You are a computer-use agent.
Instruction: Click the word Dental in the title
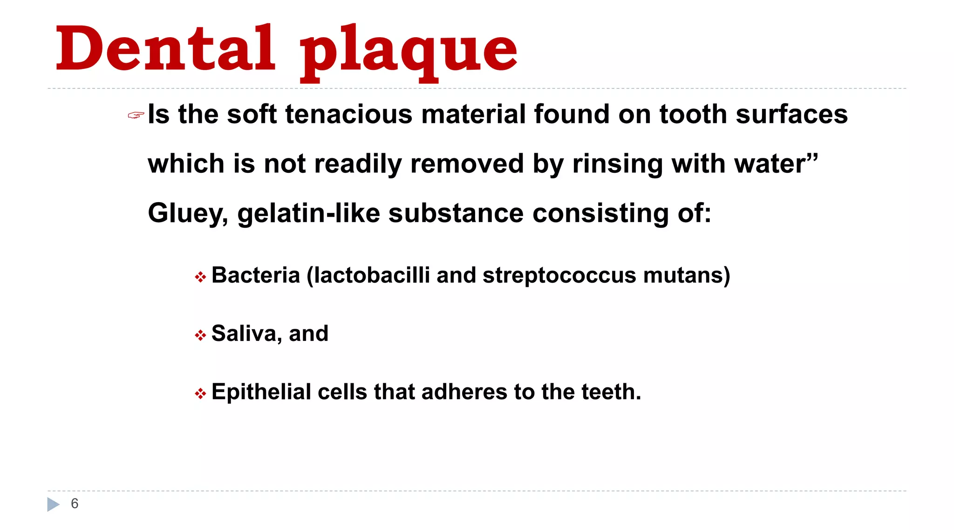click(x=165, y=49)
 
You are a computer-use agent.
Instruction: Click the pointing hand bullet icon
click(x=136, y=115)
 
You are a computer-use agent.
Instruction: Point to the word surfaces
click(x=791, y=115)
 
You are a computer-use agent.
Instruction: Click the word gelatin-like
click(x=308, y=214)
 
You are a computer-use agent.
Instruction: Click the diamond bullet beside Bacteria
click(x=200, y=278)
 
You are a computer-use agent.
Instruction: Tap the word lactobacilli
click(x=371, y=275)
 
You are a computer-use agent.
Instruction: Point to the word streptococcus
click(x=559, y=275)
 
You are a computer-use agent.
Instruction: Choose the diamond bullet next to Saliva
click(x=200, y=335)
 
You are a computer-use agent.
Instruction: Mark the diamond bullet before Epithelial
click(x=200, y=394)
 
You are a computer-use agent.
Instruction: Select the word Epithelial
click(x=261, y=392)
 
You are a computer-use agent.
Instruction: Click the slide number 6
click(x=75, y=503)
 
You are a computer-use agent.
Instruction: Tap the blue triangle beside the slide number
click(x=53, y=504)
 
